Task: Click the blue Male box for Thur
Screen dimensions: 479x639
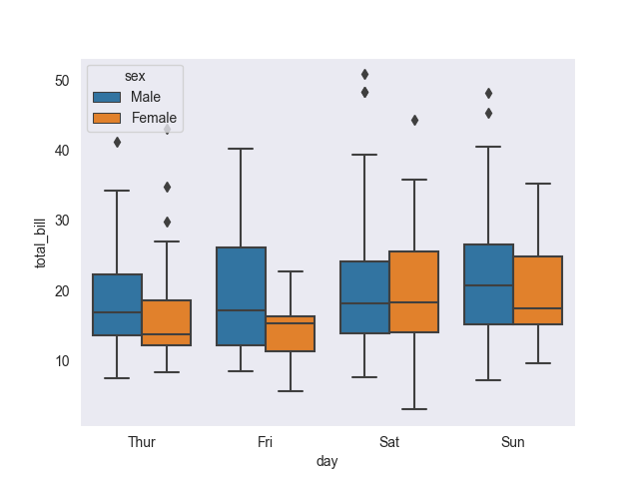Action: click(x=117, y=304)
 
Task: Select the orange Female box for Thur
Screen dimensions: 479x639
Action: click(x=167, y=322)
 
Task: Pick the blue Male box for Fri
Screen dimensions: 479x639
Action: click(x=241, y=296)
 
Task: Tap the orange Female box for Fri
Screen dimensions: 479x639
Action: click(x=291, y=333)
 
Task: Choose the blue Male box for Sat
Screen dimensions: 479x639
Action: click(x=364, y=297)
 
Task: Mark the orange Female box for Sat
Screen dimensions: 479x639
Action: click(x=414, y=291)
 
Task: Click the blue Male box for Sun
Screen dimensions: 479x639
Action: click(x=488, y=284)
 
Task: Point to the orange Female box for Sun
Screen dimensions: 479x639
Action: click(x=538, y=290)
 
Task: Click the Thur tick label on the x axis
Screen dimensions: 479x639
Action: click(x=142, y=442)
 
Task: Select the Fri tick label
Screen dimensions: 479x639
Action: click(x=266, y=442)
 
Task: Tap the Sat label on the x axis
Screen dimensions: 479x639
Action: click(x=389, y=442)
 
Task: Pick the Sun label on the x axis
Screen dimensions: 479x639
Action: click(x=513, y=442)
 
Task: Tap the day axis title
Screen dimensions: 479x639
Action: click(x=327, y=461)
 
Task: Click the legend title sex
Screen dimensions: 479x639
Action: click(x=135, y=77)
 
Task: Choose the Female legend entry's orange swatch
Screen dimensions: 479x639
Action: click(x=107, y=118)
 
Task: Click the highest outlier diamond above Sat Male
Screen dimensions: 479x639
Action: click(x=364, y=75)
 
